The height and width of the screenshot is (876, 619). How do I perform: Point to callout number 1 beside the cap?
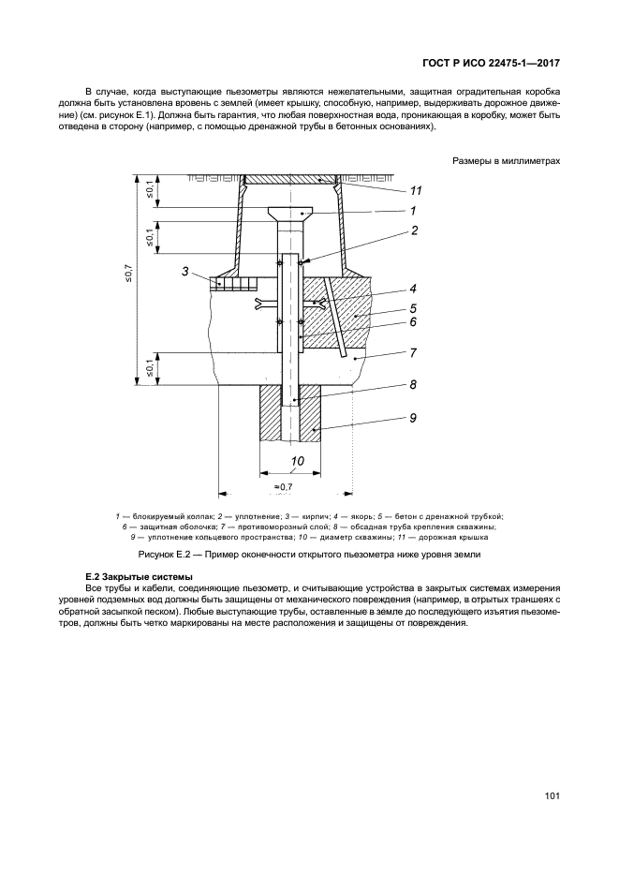click(x=413, y=211)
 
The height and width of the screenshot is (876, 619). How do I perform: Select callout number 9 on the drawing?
click(x=413, y=419)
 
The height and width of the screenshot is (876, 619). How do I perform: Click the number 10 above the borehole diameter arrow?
click(x=297, y=461)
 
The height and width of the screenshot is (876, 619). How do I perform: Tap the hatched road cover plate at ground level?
click(x=289, y=178)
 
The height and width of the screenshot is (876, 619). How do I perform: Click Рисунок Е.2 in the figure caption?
click(x=179, y=555)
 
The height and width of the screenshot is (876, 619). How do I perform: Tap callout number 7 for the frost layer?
click(x=413, y=352)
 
